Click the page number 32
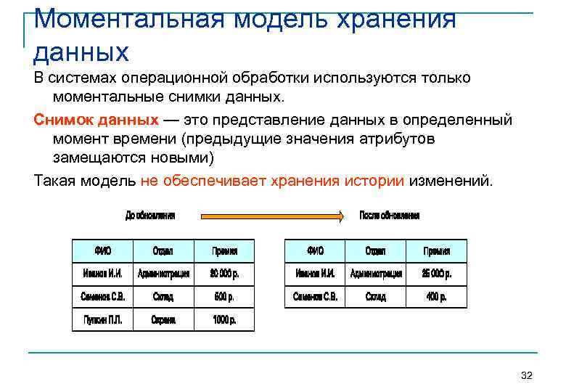point(527,375)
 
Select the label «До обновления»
point(150,216)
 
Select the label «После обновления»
point(390,216)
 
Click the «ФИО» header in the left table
point(102,251)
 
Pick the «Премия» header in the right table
point(437,251)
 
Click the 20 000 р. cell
point(224,274)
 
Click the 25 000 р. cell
point(437,274)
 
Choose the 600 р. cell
point(224,297)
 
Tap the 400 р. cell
point(437,297)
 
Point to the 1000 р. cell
point(224,319)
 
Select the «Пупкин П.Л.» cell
point(102,319)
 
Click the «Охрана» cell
point(163,319)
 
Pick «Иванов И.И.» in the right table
point(315,274)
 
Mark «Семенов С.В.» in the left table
point(102,297)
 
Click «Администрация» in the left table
point(163,274)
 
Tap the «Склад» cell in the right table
point(375,297)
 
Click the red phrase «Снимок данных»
point(96,119)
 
